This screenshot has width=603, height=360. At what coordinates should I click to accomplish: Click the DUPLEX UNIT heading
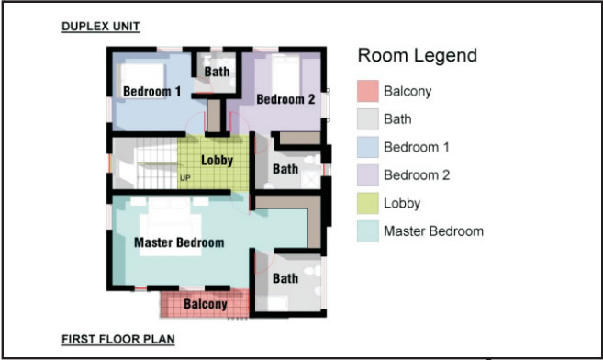coord(101,27)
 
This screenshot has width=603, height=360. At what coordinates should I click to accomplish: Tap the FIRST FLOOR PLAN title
coord(118,339)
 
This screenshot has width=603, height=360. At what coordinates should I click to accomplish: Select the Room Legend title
coord(418,56)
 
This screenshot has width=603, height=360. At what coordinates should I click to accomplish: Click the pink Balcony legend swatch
coord(368,91)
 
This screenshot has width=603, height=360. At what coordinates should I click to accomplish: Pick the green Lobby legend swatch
coord(368,203)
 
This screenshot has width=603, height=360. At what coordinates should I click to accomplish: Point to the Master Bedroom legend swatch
coord(368,231)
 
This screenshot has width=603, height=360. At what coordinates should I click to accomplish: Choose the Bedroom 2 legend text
coord(417,175)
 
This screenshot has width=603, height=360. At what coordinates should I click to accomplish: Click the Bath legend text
coord(397,119)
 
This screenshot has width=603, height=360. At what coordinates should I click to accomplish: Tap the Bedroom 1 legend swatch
coord(368,147)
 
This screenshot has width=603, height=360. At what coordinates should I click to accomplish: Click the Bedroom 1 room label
coord(152,92)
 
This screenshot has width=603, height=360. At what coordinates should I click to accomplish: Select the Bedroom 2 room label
coord(285,99)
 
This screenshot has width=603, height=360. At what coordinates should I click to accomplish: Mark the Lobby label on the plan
coord(218,161)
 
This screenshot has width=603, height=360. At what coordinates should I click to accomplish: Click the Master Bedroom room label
coord(179,242)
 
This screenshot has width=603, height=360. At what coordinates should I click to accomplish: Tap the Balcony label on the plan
coord(206,304)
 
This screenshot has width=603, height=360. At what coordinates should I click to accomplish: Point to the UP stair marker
coord(185,178)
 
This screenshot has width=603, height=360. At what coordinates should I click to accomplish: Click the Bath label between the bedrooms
coord(217,72)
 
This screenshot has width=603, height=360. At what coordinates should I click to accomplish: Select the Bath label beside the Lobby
coord(285,169)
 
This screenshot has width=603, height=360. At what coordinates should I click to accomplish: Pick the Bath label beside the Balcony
coord(285,278)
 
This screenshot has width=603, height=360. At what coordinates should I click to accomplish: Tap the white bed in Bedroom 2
coord(285,75)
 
